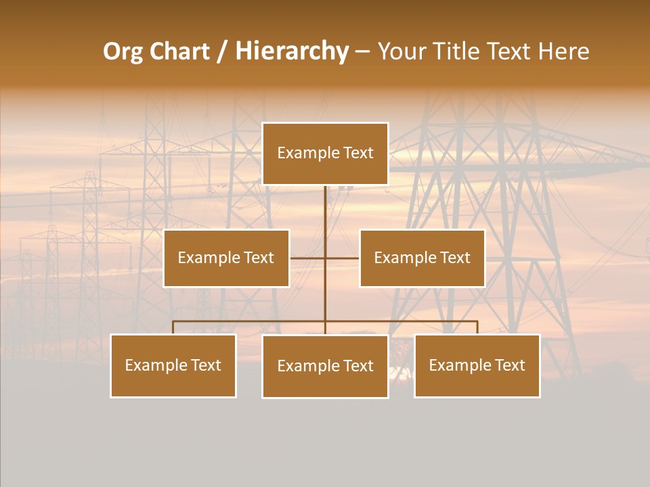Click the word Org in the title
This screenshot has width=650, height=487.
pos(123,51)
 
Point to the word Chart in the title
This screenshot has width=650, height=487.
pos(179,51)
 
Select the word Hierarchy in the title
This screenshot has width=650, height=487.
pos(291,51)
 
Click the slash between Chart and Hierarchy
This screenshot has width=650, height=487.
pos(222,51)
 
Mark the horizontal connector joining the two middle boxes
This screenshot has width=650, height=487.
pos(308,258)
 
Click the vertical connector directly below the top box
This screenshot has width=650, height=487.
pos(325,210)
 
